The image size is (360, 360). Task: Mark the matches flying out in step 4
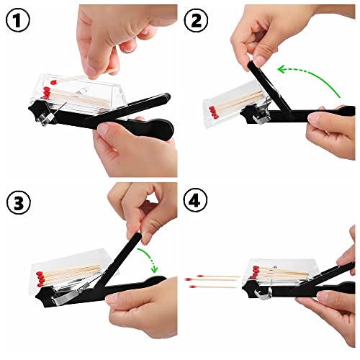point(212,281)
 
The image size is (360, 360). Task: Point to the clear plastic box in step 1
point(86,90)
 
